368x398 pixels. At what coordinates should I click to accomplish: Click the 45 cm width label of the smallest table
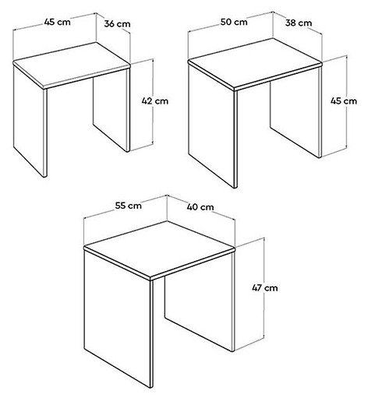57,22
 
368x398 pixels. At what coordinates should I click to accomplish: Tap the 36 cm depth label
117,24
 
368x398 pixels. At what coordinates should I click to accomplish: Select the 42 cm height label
155,100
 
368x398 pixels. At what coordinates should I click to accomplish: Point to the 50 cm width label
234,22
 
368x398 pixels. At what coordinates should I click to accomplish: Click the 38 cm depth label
299,23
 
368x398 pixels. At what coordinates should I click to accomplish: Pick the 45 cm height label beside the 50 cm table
344,100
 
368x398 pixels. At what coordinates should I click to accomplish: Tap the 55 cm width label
129,206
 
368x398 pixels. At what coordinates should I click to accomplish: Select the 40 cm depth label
200,207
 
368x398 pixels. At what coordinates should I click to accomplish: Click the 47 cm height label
265,287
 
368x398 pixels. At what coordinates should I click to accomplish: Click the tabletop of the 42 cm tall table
72,65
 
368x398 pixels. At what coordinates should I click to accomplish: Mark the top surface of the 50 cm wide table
255,64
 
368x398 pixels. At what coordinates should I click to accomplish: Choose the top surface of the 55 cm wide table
160,250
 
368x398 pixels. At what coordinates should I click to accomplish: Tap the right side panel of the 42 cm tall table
111,111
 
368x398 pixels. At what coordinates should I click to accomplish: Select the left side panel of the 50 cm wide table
212,125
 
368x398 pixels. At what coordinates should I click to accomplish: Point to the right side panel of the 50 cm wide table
296,111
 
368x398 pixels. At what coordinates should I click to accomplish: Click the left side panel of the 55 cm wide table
119,318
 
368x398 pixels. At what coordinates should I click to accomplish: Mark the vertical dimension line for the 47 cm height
264,294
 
